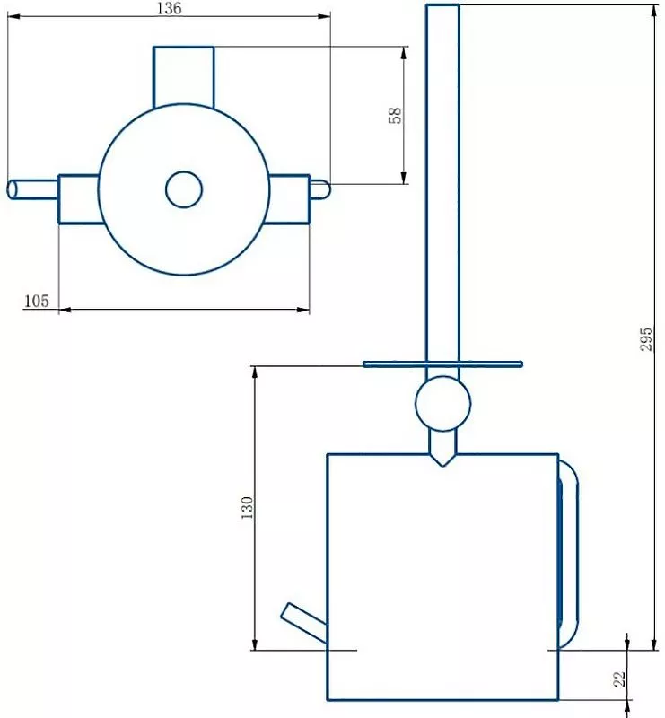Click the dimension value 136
click(x=168, y=8)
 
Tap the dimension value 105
click(x=36, y=302)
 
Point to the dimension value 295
click(x=645, y=338)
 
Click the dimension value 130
click(x=248, y=507)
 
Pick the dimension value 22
click(x=618, y=679)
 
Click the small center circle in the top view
click(x=184, y=189)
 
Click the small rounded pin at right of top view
click(x=320, y=189)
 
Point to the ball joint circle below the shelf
click(x=442, y=404)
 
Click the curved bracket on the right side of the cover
click(x=570, y=552)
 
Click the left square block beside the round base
click(x=78, y=198)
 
